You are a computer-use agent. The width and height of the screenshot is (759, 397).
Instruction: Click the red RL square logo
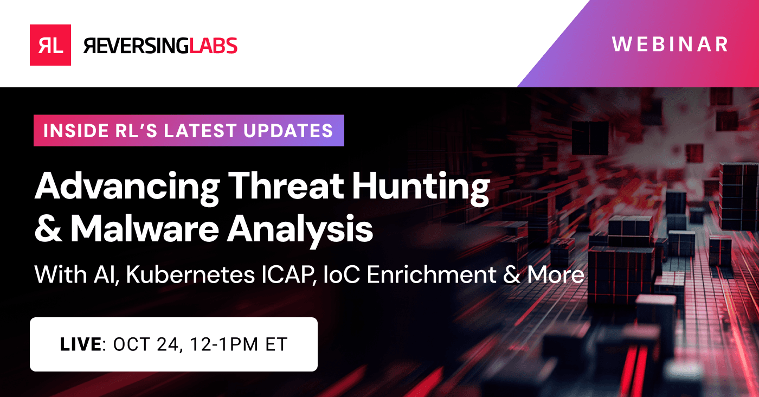coord(50,45)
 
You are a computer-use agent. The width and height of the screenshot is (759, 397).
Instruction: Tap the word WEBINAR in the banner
coord(670,44)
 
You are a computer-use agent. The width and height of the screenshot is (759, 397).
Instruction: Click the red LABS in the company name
coord(213,46)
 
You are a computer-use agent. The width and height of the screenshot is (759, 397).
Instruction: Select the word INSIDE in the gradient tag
coord(75,131)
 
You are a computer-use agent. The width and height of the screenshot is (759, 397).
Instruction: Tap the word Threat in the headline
coord(286,185)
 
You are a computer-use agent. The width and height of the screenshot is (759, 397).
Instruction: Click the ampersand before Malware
coord(48,228)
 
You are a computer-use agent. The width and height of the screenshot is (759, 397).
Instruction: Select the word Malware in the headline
coord(144,228)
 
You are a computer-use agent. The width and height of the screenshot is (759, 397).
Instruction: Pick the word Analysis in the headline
coord(300,231)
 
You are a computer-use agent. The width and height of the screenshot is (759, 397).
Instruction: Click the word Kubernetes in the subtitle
coord(190,274)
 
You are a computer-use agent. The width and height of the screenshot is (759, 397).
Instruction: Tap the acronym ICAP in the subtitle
coord(287,274)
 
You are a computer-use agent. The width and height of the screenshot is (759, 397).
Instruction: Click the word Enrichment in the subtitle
coord(432,274)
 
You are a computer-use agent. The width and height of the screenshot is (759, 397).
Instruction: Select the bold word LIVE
coord(80,344)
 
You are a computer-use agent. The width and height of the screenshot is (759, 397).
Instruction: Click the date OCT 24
coord(146,345)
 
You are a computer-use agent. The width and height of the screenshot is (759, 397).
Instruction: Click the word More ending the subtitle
coord(556,274)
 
